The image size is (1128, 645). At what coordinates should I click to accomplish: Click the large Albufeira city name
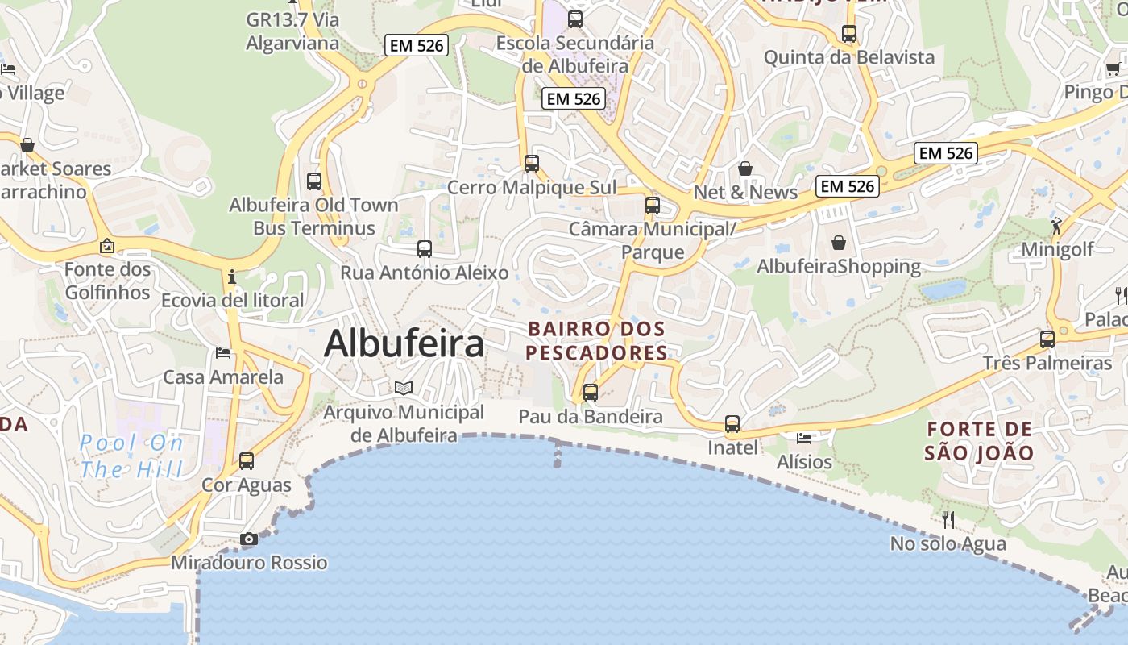[x=404, y=343]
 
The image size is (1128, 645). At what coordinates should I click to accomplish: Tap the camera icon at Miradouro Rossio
[x=249, y=539]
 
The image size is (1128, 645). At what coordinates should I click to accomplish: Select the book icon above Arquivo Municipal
[x=404, y=389]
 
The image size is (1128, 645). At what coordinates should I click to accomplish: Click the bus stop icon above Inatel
[x=732, y=423]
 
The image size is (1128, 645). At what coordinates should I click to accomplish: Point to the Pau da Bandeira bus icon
[x=591, y=393]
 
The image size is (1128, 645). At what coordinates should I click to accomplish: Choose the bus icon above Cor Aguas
[x=247, y=461]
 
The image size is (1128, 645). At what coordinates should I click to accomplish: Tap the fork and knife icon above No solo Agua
[x=948, y=519]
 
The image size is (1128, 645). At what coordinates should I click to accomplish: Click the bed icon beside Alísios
[x=804, y=438]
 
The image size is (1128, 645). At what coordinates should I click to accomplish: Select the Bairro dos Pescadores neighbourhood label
[x=596, y=341]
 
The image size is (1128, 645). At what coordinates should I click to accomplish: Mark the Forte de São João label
[x=978, y=440]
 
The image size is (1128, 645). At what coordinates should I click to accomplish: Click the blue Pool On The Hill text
[x=132, y=456]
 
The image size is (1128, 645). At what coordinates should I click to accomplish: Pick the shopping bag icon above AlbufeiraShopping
[x=839, y=242]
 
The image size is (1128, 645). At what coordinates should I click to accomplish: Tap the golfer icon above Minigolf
[x=1056, y=226]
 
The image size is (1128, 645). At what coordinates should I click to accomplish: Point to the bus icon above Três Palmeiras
[x=1047, y=339]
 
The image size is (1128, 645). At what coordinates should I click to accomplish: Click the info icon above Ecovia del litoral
[x=233, y=277]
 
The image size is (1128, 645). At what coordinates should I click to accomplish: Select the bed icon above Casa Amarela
[x=223, y=352]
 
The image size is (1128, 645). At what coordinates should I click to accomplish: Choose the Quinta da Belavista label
[x=849, y=57]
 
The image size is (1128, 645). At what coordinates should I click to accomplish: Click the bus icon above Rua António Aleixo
[x=425, y=249]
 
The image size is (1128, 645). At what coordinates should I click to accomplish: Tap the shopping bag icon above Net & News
[x=745, y=169]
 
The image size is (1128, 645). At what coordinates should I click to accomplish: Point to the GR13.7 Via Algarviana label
[x=292, y=31]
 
